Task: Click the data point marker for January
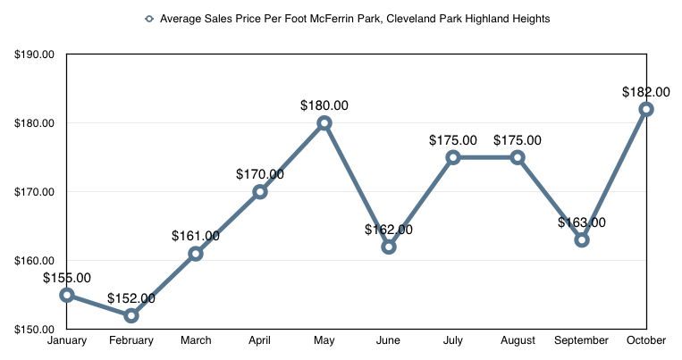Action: pos(67,295)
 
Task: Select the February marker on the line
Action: pos(131,315)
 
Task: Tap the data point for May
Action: pos(324,123)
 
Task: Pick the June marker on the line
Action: pos(389,247)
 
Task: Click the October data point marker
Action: pos(646,109)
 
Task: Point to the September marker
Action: pos(582,239)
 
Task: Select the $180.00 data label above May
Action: pos(324,105)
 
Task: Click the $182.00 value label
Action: pos(645,92)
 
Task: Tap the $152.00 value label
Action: pos(131,298)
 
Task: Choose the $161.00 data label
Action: pos(196,237)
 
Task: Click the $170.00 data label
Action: pos(260,174)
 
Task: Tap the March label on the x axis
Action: pos(196,340)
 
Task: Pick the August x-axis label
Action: pos(518,340)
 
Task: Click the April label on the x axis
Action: pos(260,340)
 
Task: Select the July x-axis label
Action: pos(453,340)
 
